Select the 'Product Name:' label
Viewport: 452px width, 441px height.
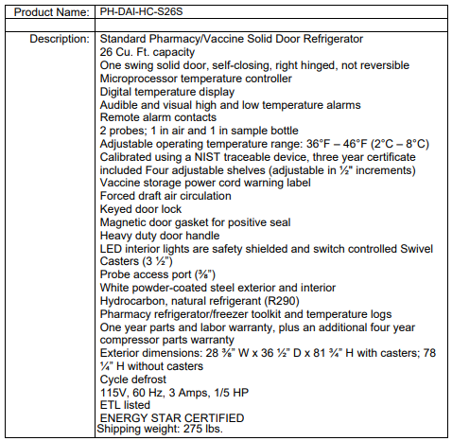click(x=44, y=13)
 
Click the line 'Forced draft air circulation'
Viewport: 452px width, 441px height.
click(x=178, y=197)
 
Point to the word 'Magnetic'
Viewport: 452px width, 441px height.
click(x=123, y=222)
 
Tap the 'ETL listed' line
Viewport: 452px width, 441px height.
click(x=126, y=405)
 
